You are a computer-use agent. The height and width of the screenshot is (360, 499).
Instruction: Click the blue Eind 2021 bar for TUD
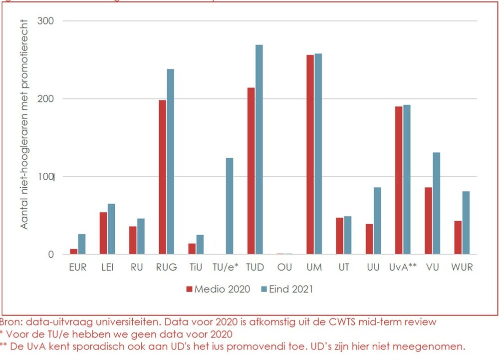(x=259, y=150)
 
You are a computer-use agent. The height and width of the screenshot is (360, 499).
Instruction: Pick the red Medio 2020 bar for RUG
(x=162, y=177)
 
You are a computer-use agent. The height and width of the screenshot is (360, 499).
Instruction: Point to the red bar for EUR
(x=74, y=252)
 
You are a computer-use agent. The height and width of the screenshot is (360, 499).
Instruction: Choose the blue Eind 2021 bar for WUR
(x=466, y=223)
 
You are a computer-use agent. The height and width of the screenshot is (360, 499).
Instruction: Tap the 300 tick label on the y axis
(x=45, y=21)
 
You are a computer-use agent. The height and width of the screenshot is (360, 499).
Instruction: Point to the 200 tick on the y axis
(x=45, y=99)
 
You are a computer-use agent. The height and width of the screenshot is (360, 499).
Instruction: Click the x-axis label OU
(x=284, y=268)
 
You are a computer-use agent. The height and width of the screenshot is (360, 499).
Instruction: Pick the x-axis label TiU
(x=196, y=268)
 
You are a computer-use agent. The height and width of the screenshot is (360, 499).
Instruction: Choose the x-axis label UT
(x=343, y=268)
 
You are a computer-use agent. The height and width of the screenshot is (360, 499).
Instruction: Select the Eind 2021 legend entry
(x=287, y=289)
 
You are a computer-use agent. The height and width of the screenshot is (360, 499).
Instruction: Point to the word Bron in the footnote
(x=10, y=322)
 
